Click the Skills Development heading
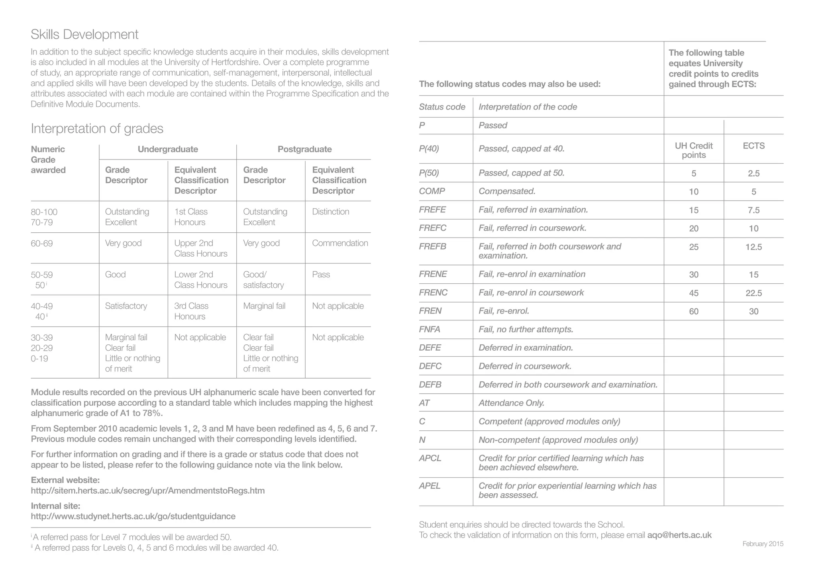[84, 35]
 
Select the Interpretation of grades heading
[97, 129]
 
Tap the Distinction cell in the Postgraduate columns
[330, 212]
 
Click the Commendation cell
[340, 243]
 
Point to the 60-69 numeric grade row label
[41, 243]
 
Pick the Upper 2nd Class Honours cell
[200, 248]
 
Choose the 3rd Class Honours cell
[191, 311]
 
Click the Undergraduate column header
[168, 149]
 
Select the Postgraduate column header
[304, 149]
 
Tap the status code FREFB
[432, 247]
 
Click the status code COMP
[432, 191]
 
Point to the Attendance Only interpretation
[511, 403]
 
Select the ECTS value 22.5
[753, 293]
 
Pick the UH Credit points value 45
[694, 293]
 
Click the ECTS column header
[753, 146]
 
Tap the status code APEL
[430, 486]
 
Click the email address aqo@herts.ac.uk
[679, 535]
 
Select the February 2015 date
[763, 544]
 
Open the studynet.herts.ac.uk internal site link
[133, 516]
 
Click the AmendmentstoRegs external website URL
[147, 491]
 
